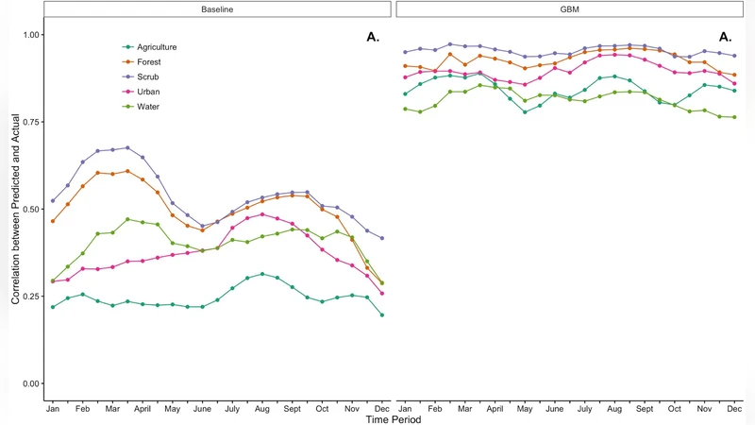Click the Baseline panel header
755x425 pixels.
[x=217, y=8]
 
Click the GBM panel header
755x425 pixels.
[x=570, y=8]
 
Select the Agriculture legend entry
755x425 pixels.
[x=156, y=47]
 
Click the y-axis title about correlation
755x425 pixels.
[x=14, y=211]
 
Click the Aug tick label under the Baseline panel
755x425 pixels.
[x=260, y=408]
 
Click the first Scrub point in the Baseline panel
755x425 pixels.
[x=53, y=200]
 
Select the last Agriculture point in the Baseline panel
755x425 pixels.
[x=381, y=314]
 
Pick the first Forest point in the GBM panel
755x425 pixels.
[x=406, y=66]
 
